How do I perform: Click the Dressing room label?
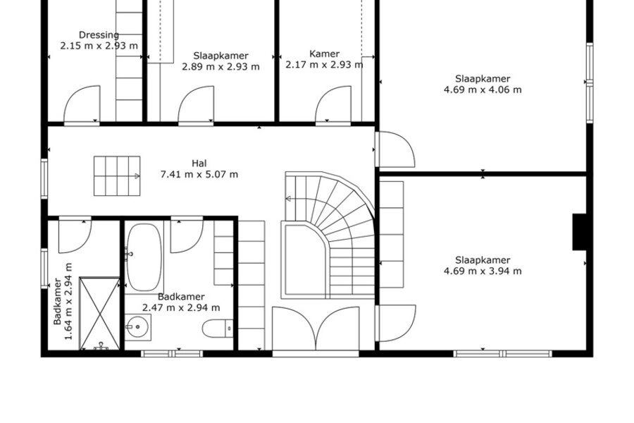(x=99, y=35)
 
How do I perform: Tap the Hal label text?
(x=199, y=163)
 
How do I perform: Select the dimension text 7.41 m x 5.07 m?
(x=199, y=174)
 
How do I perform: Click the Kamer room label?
(x=324, y=54)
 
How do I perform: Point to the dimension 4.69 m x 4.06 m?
(x=483, y=90)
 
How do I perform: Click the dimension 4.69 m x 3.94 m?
(x=483, y=271)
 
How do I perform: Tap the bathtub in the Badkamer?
(x=144, y=257)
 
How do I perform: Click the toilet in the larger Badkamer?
(x=218, y=329)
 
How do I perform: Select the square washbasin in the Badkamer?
(x=137, y=327)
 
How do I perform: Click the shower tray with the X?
(x=99, y=313)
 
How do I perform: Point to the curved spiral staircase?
(x=330, y=235)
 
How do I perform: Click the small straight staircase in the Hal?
(x=117, y=176)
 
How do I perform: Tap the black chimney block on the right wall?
(x=580, y=232)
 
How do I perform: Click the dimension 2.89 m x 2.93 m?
(x=220, y=67)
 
